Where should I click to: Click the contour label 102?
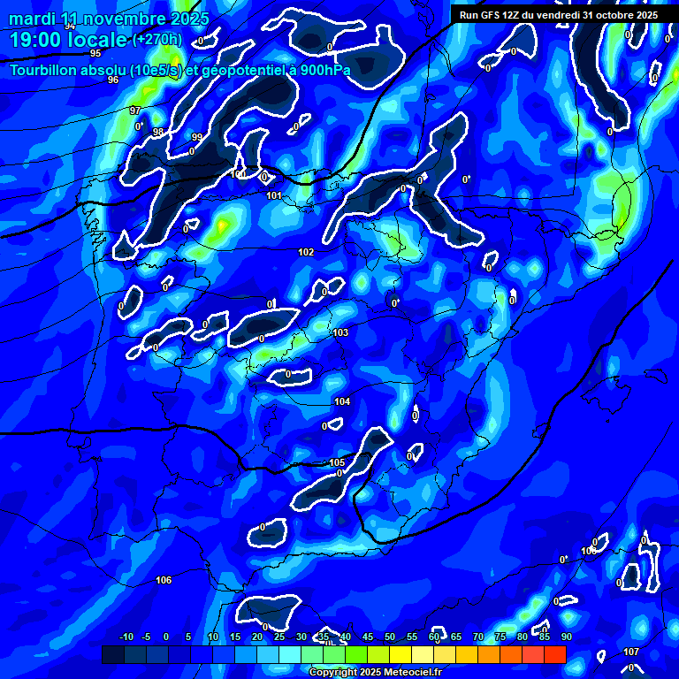tap(306, 252)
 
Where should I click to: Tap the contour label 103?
tap(340, 332)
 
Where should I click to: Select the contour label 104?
tap(342, 401)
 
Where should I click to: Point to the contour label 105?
tap(337, 462)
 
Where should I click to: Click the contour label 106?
tap(163, 580)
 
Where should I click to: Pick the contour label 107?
tap(630, 652)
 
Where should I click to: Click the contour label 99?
tap(196, 137)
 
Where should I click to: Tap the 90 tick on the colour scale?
tap(566, 637)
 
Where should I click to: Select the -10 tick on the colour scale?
tap(126, 637)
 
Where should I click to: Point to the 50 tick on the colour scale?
tap(389, 637)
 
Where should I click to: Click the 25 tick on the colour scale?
tap(278, 637)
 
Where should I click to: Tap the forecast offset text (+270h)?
tap(156, 40)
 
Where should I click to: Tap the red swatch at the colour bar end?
tap(554, 654)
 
